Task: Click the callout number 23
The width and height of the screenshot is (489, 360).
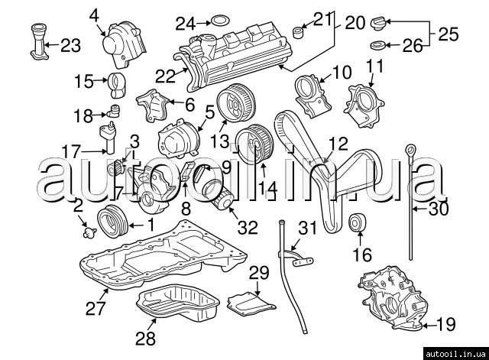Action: pos(70,46)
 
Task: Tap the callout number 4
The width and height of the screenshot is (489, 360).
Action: pos(95,14)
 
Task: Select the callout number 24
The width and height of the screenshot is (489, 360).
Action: pos(186,24)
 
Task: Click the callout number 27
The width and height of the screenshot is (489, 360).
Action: pos(95,308)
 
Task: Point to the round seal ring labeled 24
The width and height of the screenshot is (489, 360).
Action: pos(217,20)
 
